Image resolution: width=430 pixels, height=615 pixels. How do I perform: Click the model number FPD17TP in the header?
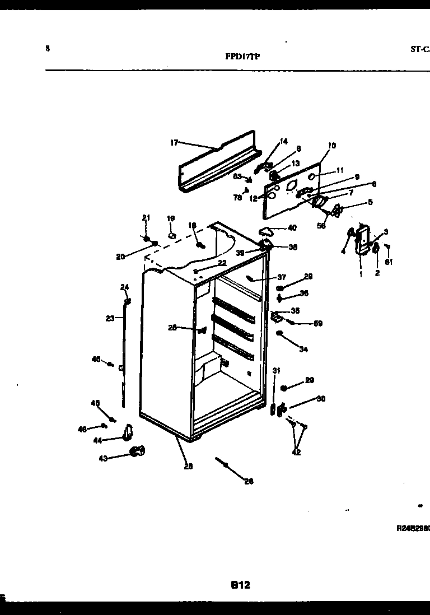pyautogui.click(x=242, y=57)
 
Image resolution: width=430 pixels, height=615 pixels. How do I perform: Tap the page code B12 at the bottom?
pyautogui.click(x=240, y=585)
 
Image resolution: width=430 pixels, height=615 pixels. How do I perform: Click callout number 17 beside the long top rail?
pyautogui.click(x=174, y=143)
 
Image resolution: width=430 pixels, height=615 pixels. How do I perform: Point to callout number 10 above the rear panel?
pyautogui.click(x=332, y=146)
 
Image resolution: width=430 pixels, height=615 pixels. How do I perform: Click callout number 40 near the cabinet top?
pyautogui.click(x=292, y=227)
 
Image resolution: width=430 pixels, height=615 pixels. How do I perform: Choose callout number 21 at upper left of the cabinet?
pyautogui.click(x=146, y=217)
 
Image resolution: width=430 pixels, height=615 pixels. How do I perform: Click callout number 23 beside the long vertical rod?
pyautogui.click(x=110, y=318)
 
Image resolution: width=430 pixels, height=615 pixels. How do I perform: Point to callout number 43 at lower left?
pyautogui.click(x=103, y=458)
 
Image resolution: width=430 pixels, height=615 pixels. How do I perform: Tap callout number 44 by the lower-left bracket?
pyautogui.click(x=98, y=441)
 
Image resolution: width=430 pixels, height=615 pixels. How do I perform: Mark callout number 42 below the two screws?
pyautogui.click(x=297, y=453)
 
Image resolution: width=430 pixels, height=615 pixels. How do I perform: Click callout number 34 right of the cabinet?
pyautogui.click(x=303, y=350)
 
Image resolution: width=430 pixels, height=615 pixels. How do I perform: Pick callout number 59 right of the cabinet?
pyautogui.click(x=318, y=323)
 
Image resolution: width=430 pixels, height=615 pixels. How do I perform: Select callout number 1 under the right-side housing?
pyautogui.click(x=361, y=274)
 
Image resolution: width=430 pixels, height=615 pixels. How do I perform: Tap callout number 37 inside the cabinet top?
pyautogui.click(x=281, y=277)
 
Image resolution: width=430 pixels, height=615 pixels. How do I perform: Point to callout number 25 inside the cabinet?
pyautogui.click(x=172, y=328)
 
